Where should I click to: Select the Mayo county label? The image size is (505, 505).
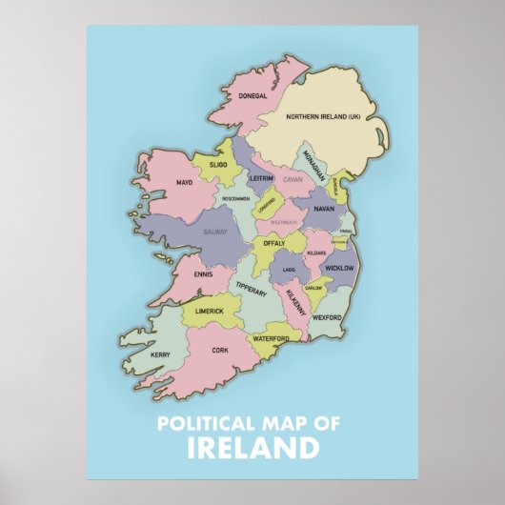pyautogui.click(x=185, y=182)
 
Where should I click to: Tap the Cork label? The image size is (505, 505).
pyautogui.click(x=220, y=350)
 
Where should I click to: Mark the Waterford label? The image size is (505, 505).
pyautogui.click(x=270, y=338)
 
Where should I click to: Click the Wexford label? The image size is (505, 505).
pyautogui.click(x=326, y=317)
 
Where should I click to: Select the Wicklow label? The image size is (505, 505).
pyautogui.click(x=340, y=269)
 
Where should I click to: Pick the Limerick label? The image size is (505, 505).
pyautogui.click(x=210, y=311)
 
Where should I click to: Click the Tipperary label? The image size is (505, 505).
pyautogui.click(x=251, y=289)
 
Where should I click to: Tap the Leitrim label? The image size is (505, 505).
pyautogui.click(x=261, y=178)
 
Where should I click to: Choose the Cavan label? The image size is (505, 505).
pyautogui.click(x=293, y=178)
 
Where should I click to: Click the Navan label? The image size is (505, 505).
pyautogui.click(x=324, y=208)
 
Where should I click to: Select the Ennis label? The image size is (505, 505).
pyautogui.click(x=203, y=274)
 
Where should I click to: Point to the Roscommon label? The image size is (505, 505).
pyautogui.click(x=235, y=199)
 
